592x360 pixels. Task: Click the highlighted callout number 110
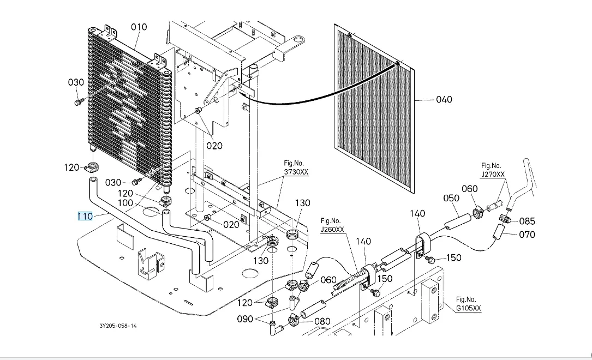[85, 216]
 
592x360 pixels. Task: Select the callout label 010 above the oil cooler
[139, 27]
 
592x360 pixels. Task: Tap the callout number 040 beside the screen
[444, 100]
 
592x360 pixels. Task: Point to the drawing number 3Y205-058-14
[118, 326]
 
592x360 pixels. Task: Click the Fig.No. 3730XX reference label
[296, 167]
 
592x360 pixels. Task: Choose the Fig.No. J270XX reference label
[492, 170]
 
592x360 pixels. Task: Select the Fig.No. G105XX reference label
[468, 304]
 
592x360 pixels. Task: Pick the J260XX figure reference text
[332, 230]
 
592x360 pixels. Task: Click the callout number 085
[527, 221]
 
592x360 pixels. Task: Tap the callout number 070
[527, 235]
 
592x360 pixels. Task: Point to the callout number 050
[451, 198]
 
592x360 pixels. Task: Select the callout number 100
[125, 203]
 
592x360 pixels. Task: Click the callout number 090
[244, 319]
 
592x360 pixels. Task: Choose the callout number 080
[322, 321]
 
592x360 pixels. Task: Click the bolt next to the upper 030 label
[79, 102]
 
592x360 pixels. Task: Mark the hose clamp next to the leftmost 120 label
[91, 166]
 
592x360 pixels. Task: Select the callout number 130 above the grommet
[302, 203]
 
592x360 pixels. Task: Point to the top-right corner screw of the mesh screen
[397, 64]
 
